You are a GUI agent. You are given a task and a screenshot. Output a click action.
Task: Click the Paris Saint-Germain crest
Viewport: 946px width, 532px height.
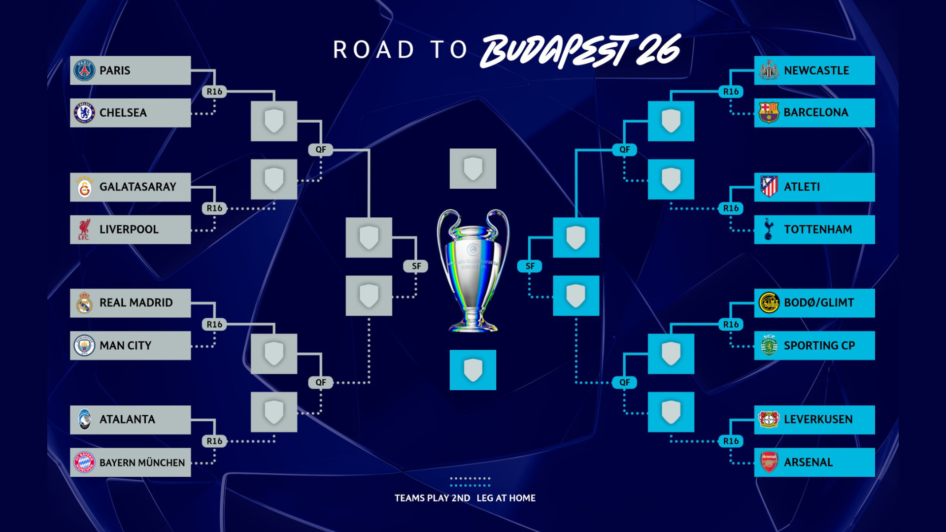84,70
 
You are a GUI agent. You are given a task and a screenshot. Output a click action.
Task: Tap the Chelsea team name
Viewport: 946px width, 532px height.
123,113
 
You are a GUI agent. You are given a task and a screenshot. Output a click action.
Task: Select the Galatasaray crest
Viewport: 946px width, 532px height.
84,187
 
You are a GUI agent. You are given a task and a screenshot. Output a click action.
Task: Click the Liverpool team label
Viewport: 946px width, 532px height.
129,230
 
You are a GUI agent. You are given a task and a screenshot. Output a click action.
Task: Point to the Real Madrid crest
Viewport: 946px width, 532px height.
84,303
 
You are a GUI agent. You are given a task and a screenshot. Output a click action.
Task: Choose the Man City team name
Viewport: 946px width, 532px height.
125,346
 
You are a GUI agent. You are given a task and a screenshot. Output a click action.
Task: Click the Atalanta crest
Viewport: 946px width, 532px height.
84,420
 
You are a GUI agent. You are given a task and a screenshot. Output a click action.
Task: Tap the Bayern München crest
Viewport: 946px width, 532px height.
84,463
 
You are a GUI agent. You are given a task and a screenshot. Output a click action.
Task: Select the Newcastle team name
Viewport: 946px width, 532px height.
816,70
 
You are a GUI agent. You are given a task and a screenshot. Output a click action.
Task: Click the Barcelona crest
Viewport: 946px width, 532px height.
769,113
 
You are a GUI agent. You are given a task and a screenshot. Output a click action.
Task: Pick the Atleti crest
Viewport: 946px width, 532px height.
769,187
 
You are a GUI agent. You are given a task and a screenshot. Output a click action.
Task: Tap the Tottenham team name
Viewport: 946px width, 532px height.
818,230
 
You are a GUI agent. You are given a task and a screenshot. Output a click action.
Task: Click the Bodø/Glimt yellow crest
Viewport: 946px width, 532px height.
769,303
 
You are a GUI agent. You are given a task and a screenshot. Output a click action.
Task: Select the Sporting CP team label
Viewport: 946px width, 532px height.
819,346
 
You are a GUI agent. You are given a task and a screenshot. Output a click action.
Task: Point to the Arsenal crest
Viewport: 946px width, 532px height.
769,463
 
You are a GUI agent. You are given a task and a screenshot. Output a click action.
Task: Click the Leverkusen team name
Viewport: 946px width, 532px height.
818,420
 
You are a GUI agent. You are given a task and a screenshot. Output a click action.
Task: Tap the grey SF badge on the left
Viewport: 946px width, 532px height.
416,266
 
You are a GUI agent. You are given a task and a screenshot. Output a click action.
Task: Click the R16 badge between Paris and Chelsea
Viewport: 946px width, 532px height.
214,92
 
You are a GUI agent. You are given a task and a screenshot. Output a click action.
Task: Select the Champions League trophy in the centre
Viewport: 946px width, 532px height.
473,271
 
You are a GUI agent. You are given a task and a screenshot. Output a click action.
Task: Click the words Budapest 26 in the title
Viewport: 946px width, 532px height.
580,50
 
